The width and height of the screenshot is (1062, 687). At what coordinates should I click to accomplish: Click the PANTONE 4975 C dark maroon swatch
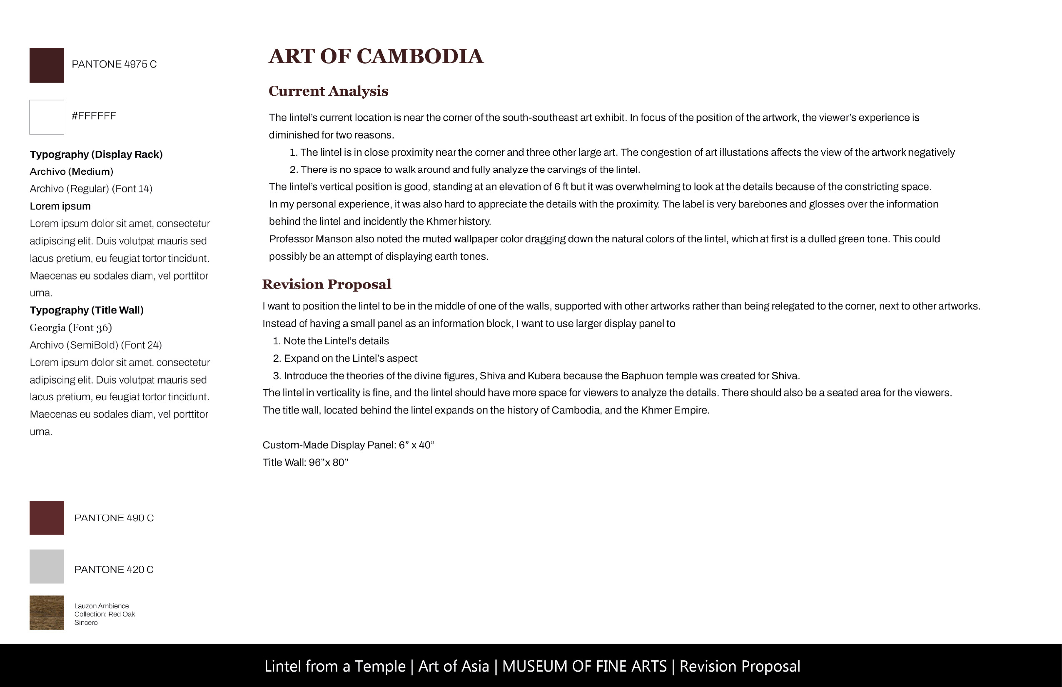(x=47, y=65)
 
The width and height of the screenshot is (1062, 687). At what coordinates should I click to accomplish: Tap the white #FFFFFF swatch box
(x=47, y=117)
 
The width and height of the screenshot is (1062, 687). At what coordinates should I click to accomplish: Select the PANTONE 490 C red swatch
(x=47, y=518)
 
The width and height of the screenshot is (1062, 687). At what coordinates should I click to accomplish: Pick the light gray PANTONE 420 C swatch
(x=47, y=567)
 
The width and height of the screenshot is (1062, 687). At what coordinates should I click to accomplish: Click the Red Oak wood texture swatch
(x=47, y=612)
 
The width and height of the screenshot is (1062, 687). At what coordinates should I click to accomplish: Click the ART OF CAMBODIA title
(x=376, y=57)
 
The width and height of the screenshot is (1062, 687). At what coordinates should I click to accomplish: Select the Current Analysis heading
(x=329, y=91)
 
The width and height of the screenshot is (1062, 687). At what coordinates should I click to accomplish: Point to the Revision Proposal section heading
(x=327, y=284)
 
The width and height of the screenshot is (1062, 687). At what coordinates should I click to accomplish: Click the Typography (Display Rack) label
(x=96, y=154)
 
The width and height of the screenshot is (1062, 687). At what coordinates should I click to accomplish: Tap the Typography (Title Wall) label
(x=87, y=310)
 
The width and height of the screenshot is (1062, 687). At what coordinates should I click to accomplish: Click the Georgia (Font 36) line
(x=70, y=327)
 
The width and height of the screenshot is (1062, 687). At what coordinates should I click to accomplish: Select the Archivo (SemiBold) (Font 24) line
(x=95, y=345)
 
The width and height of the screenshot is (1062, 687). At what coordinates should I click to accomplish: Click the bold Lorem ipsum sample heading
(x=60, y=206)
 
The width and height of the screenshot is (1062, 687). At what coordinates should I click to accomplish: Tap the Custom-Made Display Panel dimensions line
(x=348, y=445)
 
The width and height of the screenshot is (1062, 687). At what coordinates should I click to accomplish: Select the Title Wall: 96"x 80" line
(x=305, y=462)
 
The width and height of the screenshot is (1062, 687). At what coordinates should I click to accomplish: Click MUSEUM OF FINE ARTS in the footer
(x=584, y=666)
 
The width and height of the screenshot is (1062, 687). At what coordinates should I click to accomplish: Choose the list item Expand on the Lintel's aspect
(x=350, y=358)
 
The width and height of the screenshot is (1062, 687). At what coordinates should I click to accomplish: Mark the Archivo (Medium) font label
(x=71, y=171)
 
